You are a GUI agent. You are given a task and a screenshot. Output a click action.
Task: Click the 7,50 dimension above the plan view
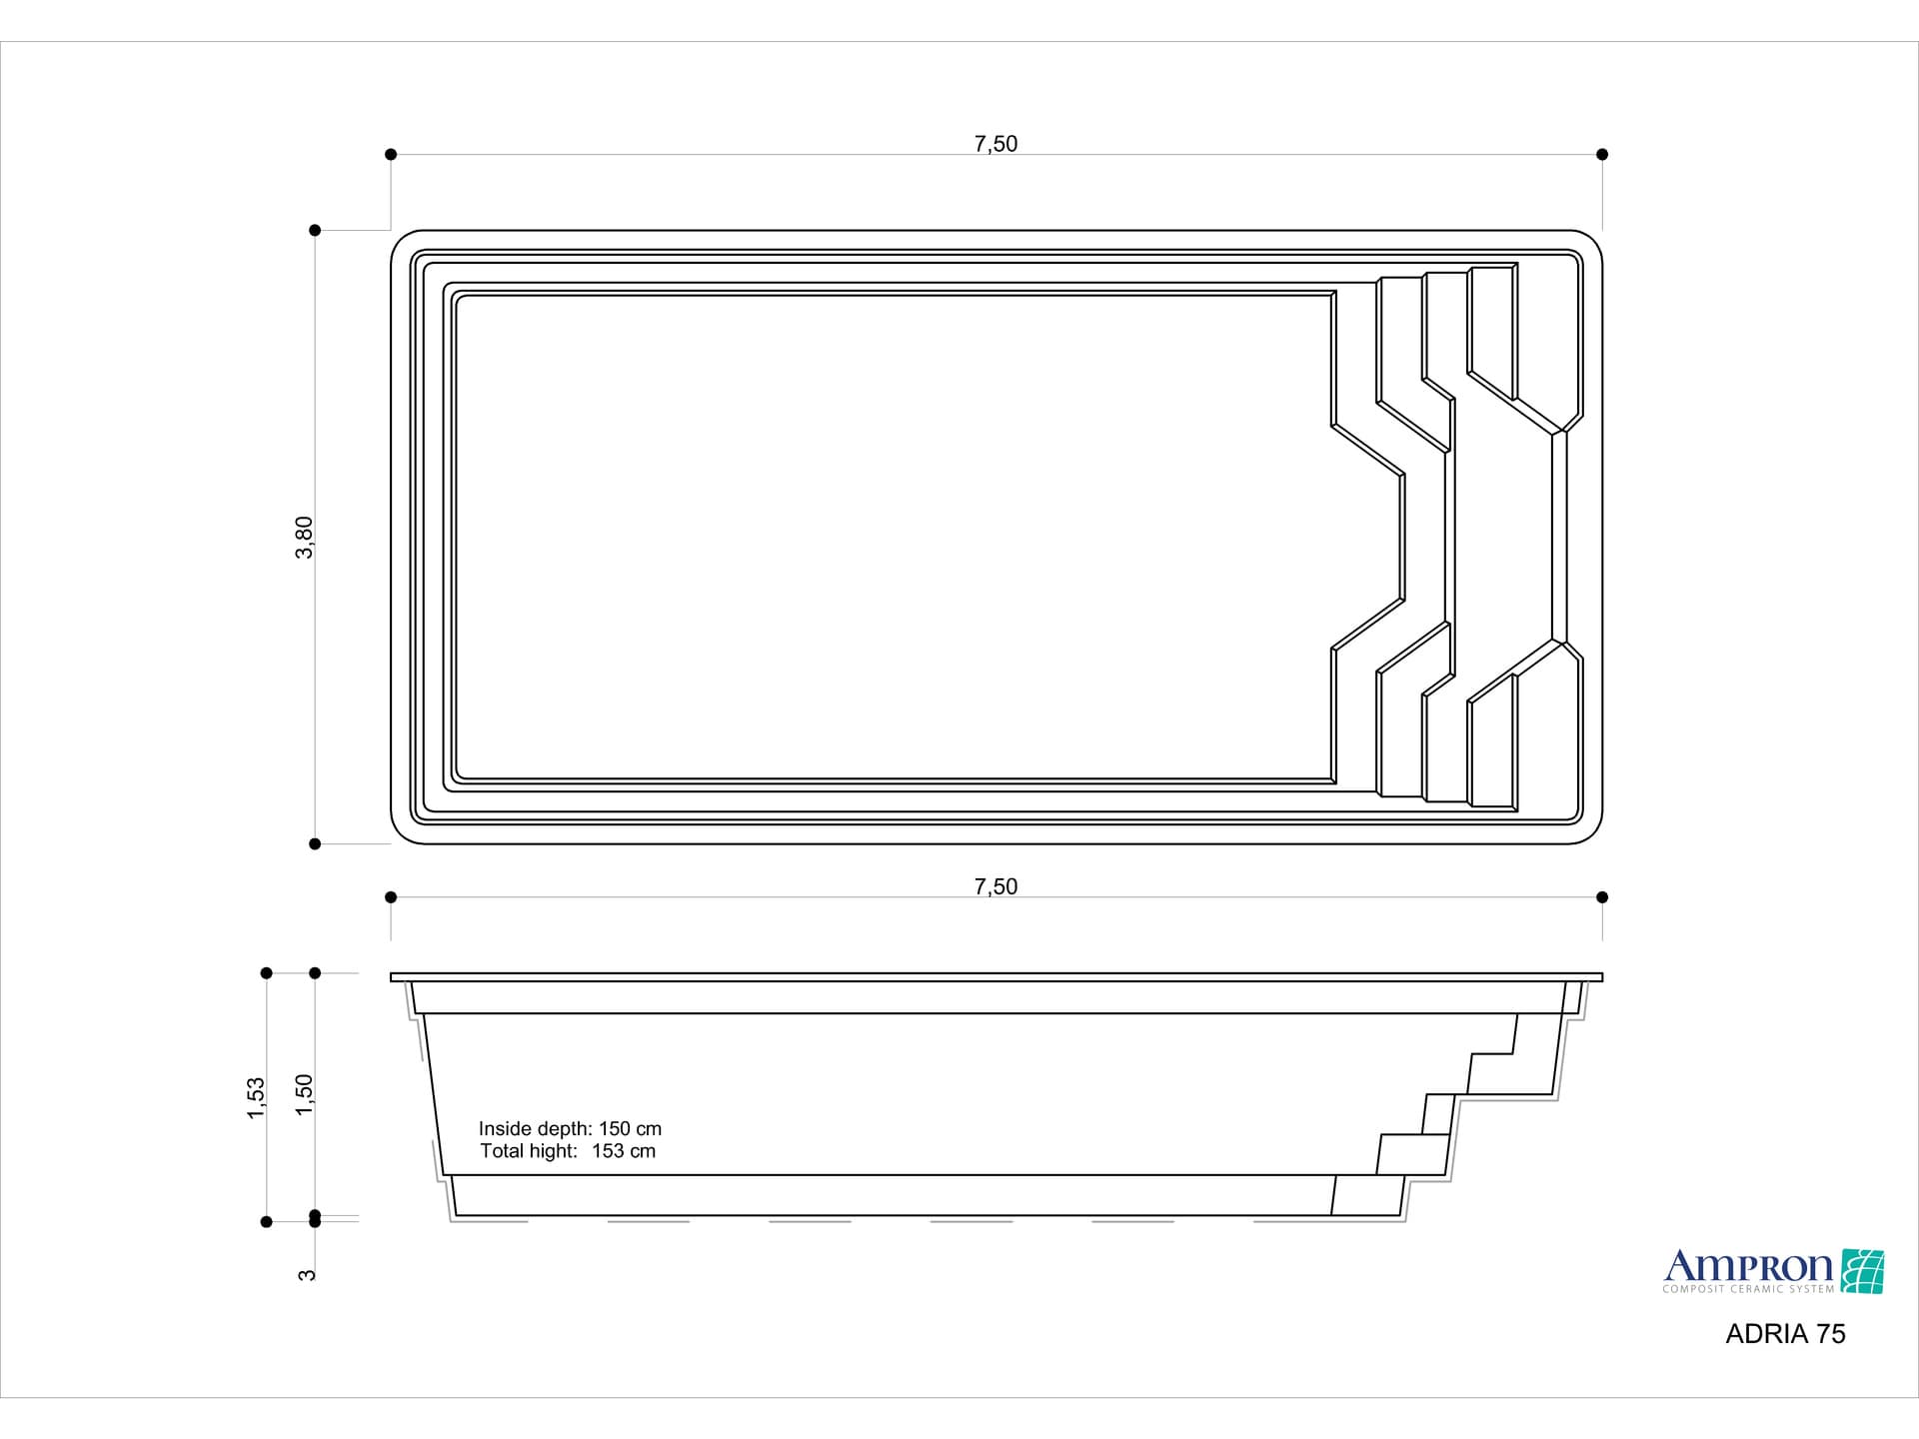coord(995,144)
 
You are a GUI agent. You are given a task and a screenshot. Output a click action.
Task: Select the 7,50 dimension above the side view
coord(995,886)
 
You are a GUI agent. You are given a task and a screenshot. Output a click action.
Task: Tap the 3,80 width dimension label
coord(305,538)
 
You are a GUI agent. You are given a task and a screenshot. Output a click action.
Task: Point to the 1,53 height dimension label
coord(257,1097)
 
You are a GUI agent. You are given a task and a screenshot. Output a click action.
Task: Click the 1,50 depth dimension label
coord(305,1094)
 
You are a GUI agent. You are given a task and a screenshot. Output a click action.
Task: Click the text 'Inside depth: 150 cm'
coord(570,1128)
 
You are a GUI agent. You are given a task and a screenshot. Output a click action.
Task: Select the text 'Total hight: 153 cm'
coord(568,1151)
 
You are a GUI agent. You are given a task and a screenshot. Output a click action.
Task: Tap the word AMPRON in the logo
coord(1748,1267)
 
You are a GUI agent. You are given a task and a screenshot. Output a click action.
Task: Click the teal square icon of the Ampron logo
coord(1862,1271)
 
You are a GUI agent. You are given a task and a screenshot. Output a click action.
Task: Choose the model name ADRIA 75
coord(1785,1334)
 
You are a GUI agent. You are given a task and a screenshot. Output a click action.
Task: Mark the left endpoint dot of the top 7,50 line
coord(391,154)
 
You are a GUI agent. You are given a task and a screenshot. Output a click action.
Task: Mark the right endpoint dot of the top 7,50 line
coord(1602,154)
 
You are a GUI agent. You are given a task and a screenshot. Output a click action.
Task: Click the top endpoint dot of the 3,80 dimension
coord(315,230)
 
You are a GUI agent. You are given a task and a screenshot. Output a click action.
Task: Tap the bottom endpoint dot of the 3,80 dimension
coord(315,844)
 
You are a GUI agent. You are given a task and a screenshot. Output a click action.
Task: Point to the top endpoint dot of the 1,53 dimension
coord(266,973)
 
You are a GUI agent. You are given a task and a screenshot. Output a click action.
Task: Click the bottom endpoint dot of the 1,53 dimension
coord(266,1221)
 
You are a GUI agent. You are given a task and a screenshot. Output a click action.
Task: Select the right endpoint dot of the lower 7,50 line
coord(1602,897)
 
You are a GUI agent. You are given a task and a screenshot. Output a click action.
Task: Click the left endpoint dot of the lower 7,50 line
coord(391,897)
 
